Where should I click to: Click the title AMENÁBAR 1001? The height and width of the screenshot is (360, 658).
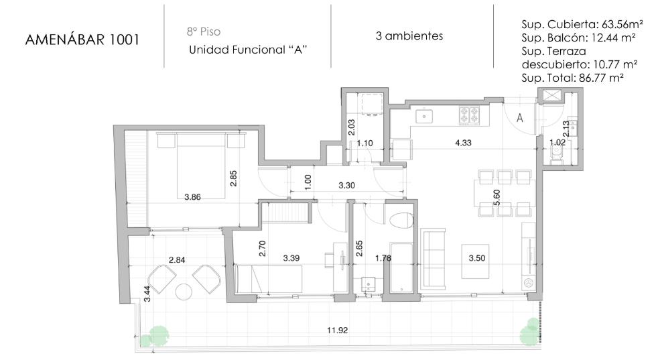coord(82,40)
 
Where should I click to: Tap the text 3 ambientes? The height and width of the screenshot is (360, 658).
coord(409,36)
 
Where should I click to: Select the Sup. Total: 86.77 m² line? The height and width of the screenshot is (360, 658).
coord(572,78)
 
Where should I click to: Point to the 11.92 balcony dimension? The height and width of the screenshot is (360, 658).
coord(338,331)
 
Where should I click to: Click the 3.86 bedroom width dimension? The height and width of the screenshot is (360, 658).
coord(192,196)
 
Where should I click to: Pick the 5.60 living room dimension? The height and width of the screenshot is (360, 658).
coord(497,197)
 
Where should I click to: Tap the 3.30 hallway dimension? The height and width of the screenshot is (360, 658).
coord(346,185)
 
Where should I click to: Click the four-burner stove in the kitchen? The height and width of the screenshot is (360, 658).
coord(469,115)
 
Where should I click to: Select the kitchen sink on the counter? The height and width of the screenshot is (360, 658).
coord(424,115)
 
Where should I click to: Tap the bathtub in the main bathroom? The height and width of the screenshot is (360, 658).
coord(401,267)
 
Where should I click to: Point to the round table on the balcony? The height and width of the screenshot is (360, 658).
coord(184,292)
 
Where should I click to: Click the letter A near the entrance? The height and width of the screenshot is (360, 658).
coord(519,118)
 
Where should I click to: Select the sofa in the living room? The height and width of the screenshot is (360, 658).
coord(433,259)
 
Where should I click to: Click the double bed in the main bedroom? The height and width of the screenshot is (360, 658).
coord(201,166)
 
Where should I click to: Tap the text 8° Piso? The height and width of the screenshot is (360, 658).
coord(204,32)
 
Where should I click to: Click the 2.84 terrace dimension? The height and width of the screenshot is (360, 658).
coord(177,259)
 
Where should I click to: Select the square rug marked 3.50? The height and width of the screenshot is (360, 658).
coord(476,261)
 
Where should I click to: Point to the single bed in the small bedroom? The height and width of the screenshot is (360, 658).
coord(269,278)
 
